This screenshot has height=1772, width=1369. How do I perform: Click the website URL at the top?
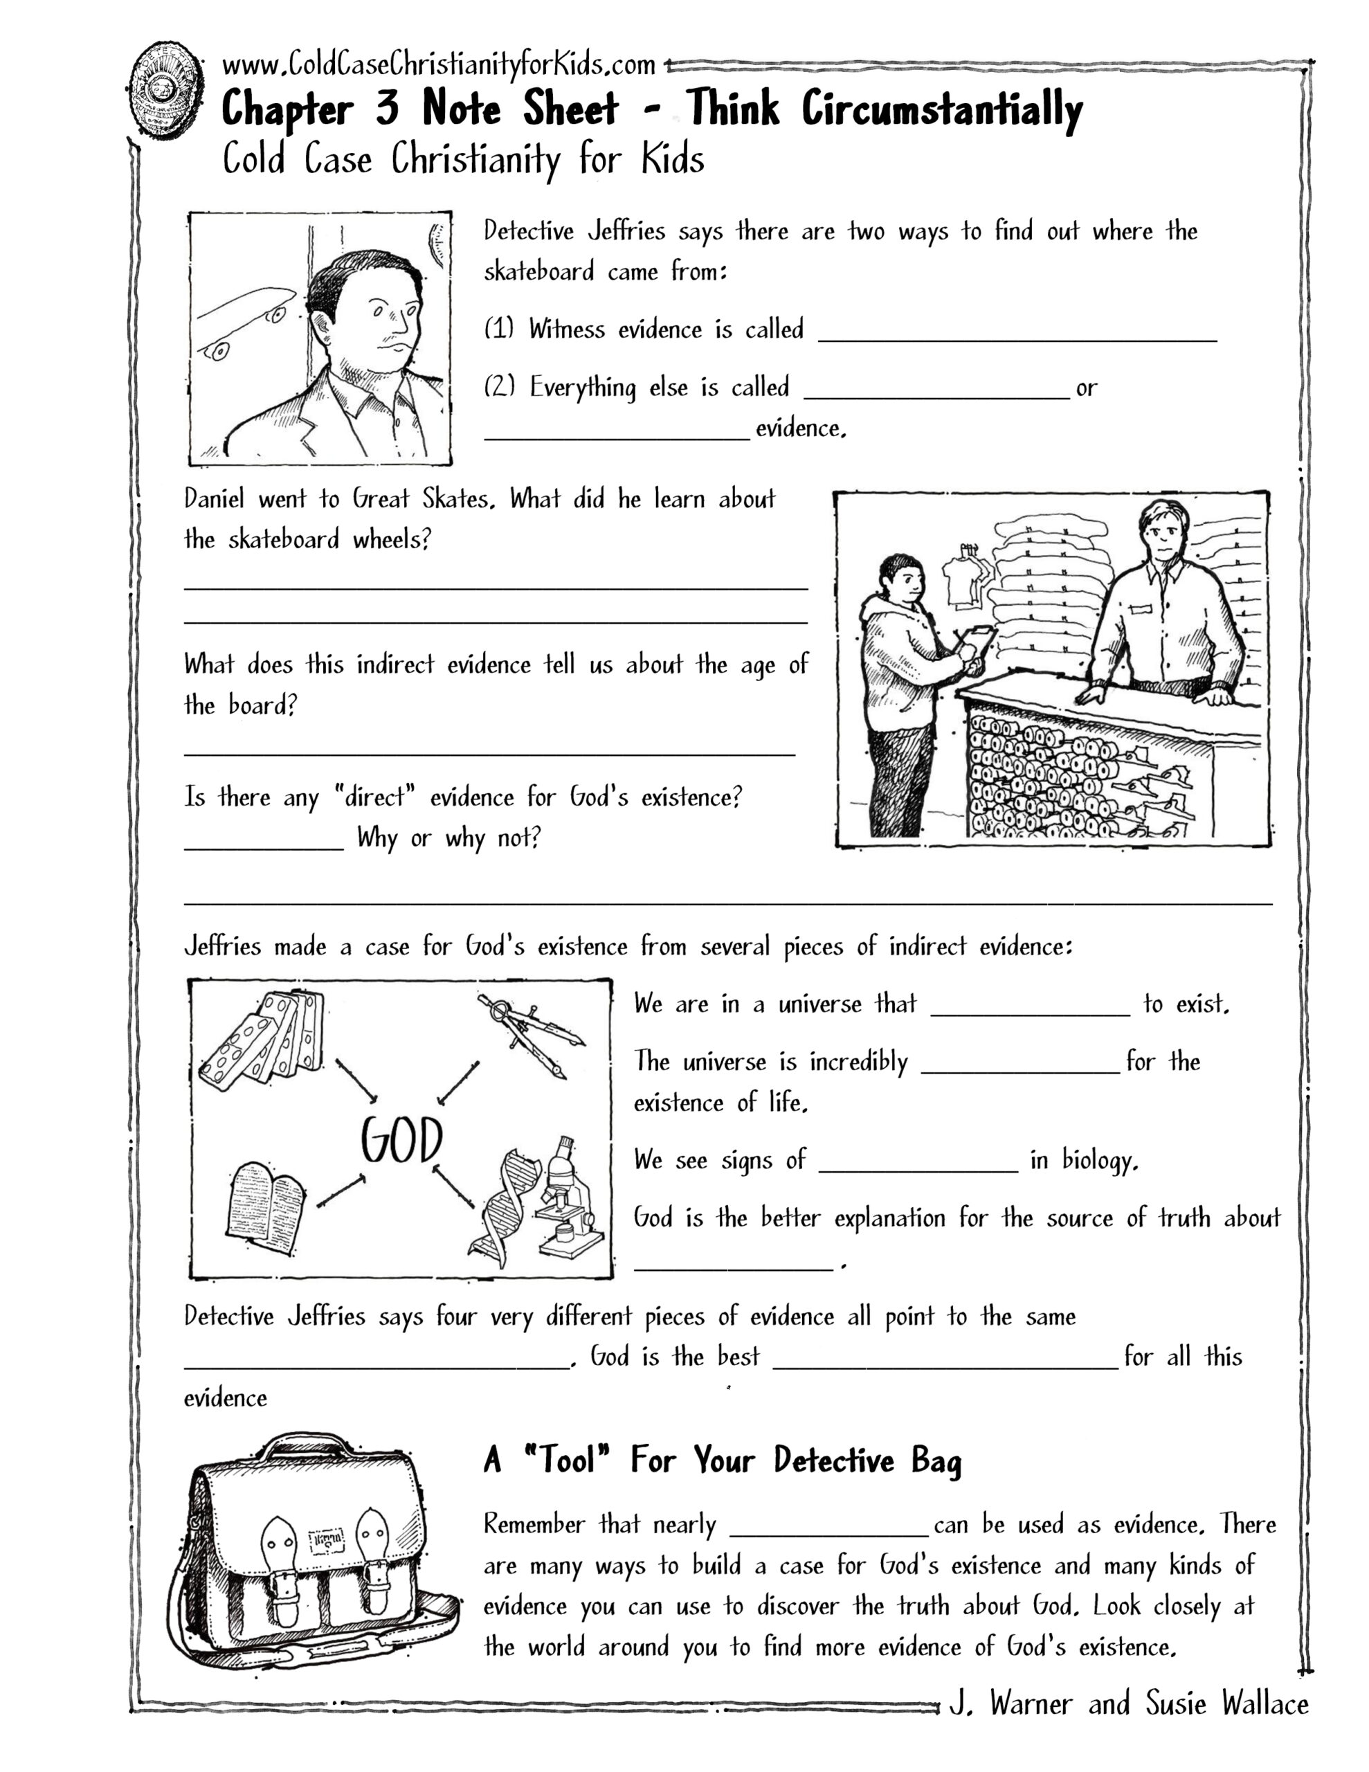(438, 64)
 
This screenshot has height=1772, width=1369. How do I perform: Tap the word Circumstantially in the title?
(942, 109)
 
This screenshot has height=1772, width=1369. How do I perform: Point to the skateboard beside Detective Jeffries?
(243, 320)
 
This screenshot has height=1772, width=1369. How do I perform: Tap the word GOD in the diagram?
(401, 1140)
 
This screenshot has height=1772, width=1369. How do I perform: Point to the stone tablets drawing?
(264, 1202)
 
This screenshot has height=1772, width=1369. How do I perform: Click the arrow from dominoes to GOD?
(356, 1080)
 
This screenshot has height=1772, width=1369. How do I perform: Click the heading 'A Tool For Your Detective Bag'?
(723, 1461)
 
